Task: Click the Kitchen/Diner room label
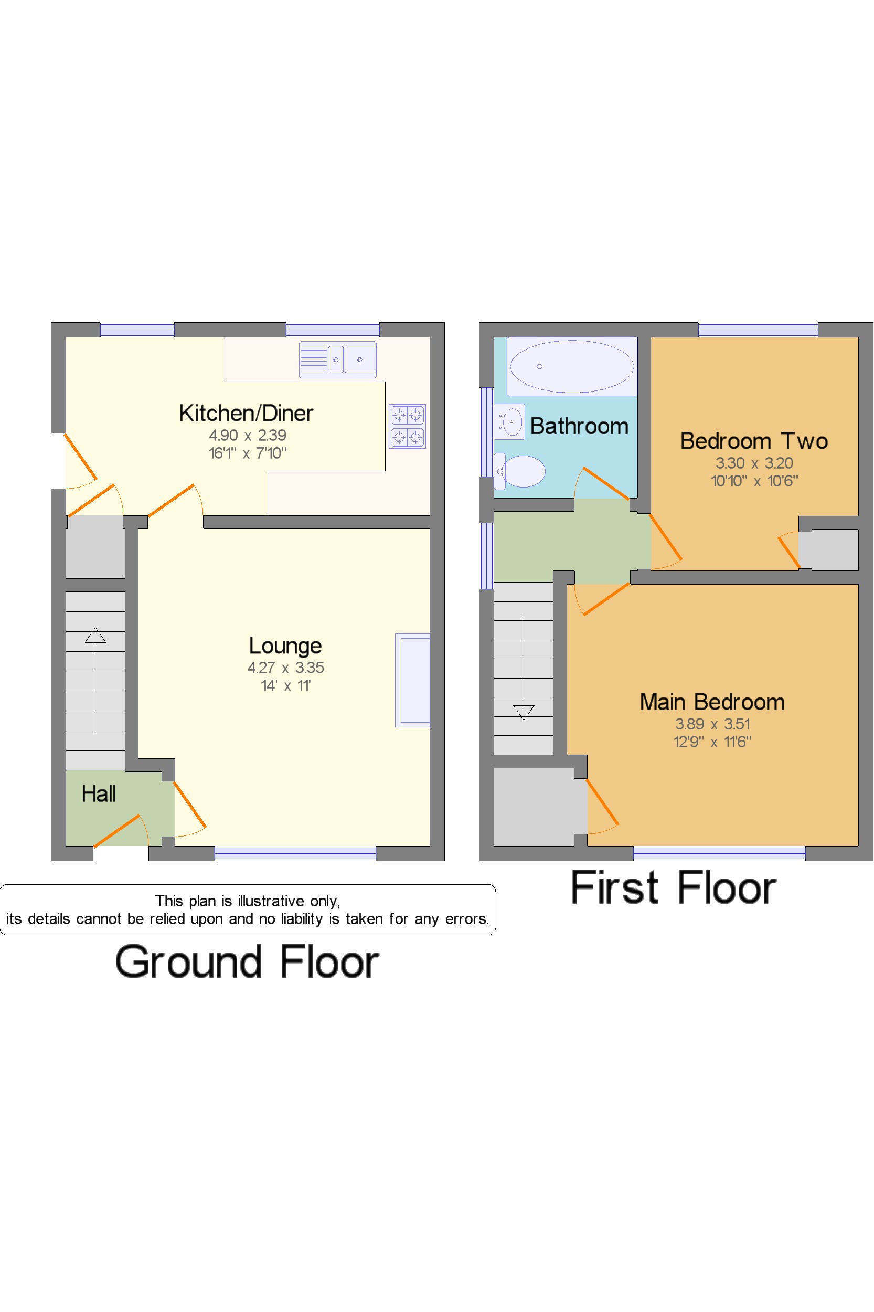tap(246, 414)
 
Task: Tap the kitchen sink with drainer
tap(337, 359)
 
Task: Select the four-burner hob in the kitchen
tap(407, 426)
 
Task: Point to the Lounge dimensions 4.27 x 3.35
tap(285, 668)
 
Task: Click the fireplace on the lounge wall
tap(413, 680)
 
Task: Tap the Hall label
tap(99, 793)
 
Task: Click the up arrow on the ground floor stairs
tap(95, 635)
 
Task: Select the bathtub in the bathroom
tap(571, 366)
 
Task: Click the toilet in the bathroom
tap(520, 471)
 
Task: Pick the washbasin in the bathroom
tap(509, 421)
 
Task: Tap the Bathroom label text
tap(579, 427)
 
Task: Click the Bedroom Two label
tap(753, 441)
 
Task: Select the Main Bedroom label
tap(712, 702)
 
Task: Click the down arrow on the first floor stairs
tap(524, 712)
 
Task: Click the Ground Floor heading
tap(247, 962)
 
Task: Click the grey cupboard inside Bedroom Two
tap(828, 550)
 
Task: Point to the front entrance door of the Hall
tap(117, 831)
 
